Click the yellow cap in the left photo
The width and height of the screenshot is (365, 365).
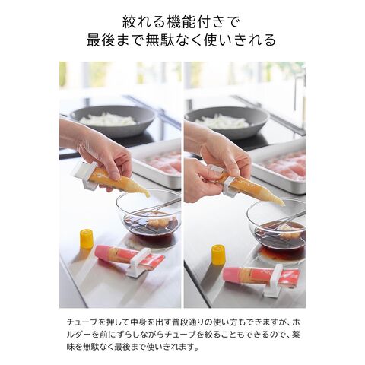point(87,239)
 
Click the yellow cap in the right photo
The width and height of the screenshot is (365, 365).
point(219,255)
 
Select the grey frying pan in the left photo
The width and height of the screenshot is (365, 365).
point(113,120)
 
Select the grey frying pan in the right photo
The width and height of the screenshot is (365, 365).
point(227,122)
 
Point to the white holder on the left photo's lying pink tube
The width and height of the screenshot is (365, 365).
point(138,263)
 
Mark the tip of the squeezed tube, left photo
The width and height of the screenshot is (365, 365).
point(148,195)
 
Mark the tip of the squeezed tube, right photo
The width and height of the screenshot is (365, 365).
point(283,205)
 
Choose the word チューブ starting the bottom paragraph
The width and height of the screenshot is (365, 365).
point(82,322)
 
